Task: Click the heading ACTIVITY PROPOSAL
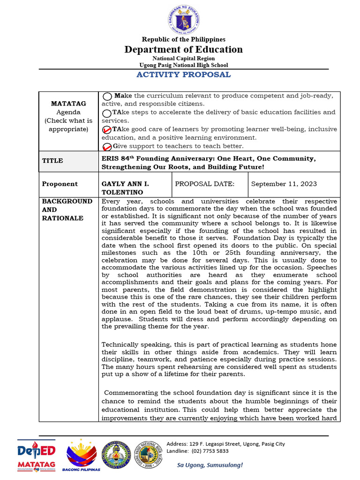coord(183,75)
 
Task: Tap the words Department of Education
coord(183,50)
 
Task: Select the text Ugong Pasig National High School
coord(183,65)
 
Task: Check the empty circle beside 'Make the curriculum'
coord(107,96)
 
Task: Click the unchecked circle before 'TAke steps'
coord(107,113)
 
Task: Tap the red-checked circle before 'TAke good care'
coord(107,130)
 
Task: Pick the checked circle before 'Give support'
coord(107,147)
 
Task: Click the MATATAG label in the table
coord(68,104)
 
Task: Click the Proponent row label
coord(60,184)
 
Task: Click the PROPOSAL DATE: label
coord(204,184)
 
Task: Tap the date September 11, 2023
coord(284,184)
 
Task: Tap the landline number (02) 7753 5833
coord(198,451)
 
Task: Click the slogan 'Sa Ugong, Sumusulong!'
coord(210,465)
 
